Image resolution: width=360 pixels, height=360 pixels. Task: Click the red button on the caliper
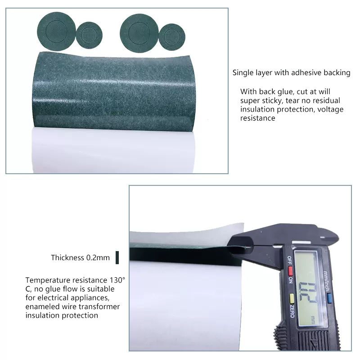pyautogui.click(x=290, y=271)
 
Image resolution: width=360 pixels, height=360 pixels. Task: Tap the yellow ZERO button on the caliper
pyautogui.click(x=292, y=298)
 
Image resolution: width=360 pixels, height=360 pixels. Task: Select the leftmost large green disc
pyautogui.click(x=56, y=31)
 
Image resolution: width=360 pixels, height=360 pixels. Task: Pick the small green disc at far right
pyautogui.click(x=172, y=37)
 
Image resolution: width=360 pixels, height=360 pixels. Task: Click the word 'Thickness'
pyautogui.click(x=67, y=257)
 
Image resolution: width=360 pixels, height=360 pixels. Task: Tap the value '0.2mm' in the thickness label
pyautogui.click(x=98, y=258)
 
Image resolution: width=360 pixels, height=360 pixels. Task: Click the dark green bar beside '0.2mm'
pyautogui.click(x=117, y=257)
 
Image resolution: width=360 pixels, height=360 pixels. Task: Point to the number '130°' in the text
pyautogui.click(x=117, y=280)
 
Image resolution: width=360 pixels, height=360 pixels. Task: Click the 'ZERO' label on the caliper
pyautogui.click(x=292, y=311)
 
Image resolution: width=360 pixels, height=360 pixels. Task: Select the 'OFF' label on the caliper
pyautogui.click(x=290, y=260)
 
